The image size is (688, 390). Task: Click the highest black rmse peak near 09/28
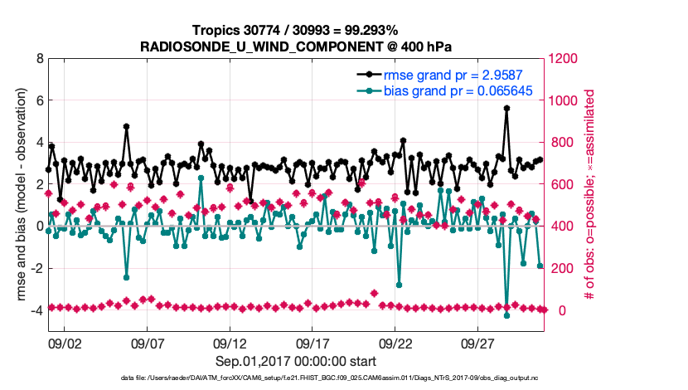click(506, 108)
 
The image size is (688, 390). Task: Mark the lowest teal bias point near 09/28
click(506, 315)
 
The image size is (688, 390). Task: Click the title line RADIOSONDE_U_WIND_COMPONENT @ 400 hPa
click(296, 46)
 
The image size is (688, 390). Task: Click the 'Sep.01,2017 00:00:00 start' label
click(296, 361)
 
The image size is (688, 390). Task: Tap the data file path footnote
click(296, 378)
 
